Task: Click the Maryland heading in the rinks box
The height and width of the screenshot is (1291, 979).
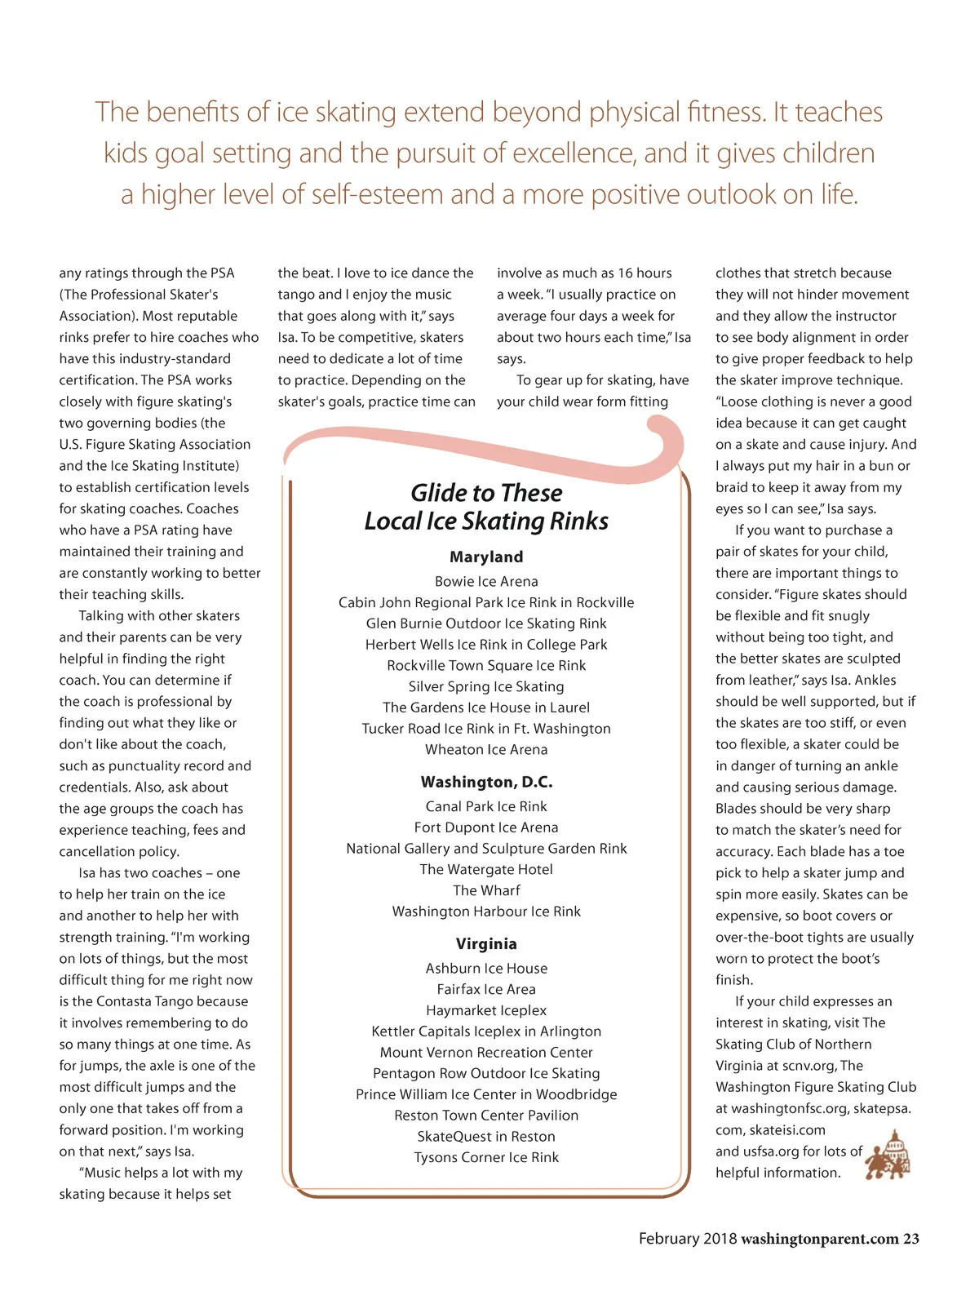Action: tap(486, 557)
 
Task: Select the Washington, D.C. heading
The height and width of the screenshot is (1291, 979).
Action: tap(486, 782)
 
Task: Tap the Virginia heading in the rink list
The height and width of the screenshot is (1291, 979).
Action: tap(486, 944)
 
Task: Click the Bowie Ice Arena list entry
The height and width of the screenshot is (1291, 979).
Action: tap(486, 582)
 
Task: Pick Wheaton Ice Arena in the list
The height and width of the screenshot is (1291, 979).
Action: tap(486, 750)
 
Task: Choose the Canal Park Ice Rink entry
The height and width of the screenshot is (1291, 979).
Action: tap(486, 806)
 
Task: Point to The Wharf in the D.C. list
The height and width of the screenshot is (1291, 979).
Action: tap(486, 890)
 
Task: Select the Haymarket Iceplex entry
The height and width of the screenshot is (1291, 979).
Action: tap(486, 1010)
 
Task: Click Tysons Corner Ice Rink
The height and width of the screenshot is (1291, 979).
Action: tap(486, 1157)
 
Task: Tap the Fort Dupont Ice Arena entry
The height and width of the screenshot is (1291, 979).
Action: tap(486, 827)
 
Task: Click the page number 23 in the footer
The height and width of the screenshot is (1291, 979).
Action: tap(910, 1239)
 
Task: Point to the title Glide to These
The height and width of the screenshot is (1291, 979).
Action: tap(486, 493)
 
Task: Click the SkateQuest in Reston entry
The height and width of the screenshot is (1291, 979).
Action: tap(486, 1137)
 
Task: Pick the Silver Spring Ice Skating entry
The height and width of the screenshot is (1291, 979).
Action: tap(486, 687)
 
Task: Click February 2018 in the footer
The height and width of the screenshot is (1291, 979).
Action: tap(687, 1239)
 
